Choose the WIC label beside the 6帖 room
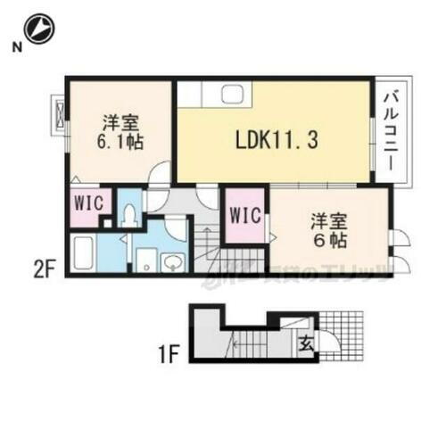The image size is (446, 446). [x=244, y=215]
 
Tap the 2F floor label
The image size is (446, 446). [x=46, y=266]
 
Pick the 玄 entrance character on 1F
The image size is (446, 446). [x=305, y=340]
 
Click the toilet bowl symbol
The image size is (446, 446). [x=130, y=214]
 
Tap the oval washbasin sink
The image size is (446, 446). [x=173, y=261]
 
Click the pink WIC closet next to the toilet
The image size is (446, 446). [x=87, y=202]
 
